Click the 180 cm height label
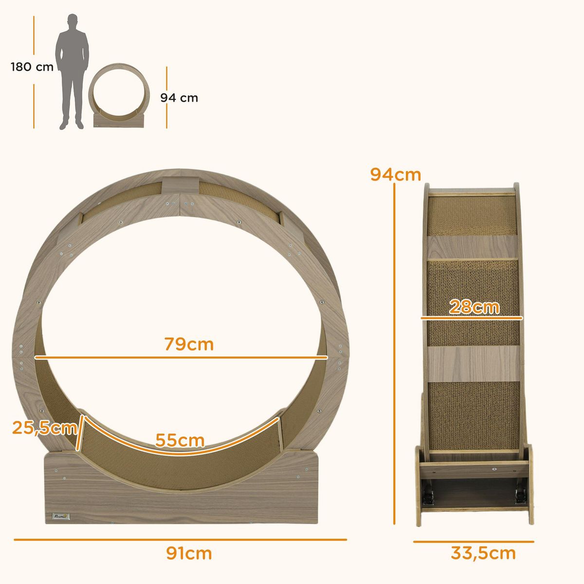point(32,67)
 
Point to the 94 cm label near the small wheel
point(179,98)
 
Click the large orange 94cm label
point(395,174)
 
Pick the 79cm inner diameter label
point(189,344)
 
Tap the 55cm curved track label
point(180,440)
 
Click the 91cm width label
point(189,553)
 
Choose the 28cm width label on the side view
point(474,307)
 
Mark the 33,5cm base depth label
point(483,553)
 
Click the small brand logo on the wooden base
point(59,515)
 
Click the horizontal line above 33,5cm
point(474,541)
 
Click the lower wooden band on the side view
point(472,364)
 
